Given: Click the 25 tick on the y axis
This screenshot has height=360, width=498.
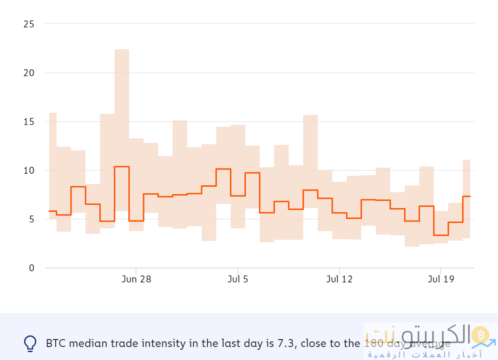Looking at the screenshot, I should click(x=28, y=24).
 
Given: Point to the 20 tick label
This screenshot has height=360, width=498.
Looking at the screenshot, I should click(x=28, y=73).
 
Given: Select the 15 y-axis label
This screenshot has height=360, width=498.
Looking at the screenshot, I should click(x=29, y=122).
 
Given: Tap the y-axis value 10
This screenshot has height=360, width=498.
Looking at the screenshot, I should click(x=29, y=170).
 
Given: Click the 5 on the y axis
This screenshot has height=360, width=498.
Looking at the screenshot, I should click(x=31, y=219).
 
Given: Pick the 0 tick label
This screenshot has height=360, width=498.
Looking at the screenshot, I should click(x=31, y=268).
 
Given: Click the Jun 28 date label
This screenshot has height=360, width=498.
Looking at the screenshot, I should click(x=136, y=279).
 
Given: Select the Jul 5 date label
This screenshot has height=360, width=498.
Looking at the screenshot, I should click(x=238, y=279).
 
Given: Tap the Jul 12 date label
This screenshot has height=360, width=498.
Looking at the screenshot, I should click(x=340, y=279).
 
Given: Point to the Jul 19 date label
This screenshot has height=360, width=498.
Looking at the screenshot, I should click(x=441, y=279).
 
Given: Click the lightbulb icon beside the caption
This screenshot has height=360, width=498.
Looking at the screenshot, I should click(x=30, y=343).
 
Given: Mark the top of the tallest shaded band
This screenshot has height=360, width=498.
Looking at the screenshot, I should click(x=122, y=50).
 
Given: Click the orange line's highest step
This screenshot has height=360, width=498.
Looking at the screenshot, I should click(x=122, y=166).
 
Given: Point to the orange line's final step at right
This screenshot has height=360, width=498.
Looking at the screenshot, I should click(x=467, y=196).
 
